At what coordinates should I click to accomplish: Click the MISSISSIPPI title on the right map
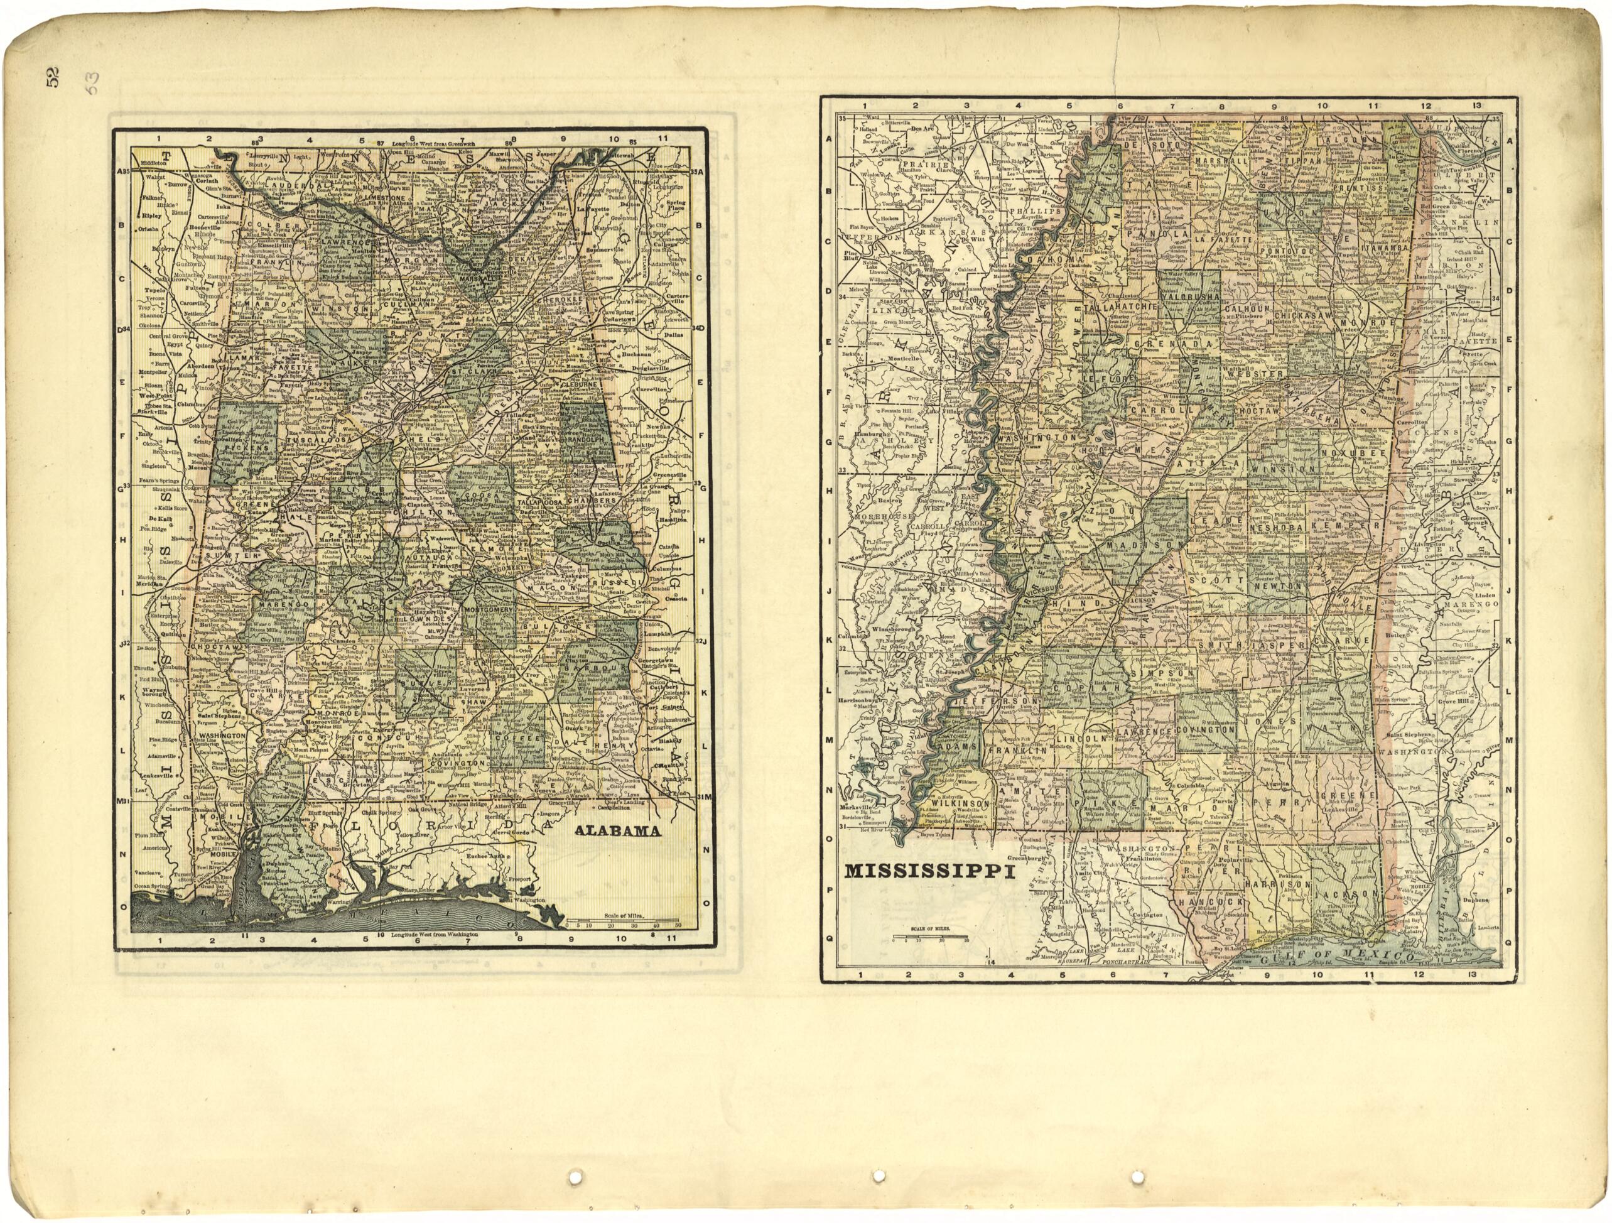[x=930, y=872]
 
